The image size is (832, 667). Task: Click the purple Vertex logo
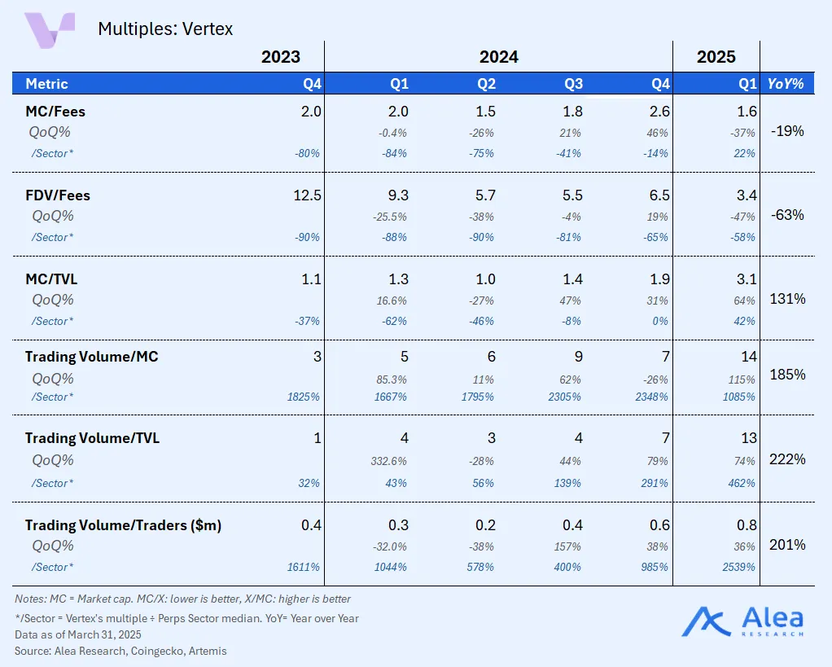[x=50, y=30]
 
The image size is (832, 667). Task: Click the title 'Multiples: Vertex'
[x=165, y=29]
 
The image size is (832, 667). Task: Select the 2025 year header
[x=716, y=57]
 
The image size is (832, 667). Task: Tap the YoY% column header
[x=786, y=84]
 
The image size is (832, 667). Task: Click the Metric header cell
[x=46, y=84]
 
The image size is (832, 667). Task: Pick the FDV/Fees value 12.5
[x=307, y=195]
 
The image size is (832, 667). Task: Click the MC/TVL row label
[x=51, y=279]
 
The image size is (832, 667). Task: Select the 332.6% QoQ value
[x=388, y=461]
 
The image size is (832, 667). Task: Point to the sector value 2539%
[x=738, y=567]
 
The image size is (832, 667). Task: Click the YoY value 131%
[x=787, y=299]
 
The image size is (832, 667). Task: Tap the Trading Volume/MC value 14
[x=749, y=357]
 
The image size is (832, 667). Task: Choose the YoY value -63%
[x=787, y=215]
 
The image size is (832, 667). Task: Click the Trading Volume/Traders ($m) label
[x=123, y=525]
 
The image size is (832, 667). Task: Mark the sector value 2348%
[x=651, y=397]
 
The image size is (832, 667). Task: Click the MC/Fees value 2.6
[x=659, y=112]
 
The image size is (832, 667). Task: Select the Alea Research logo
[x=742, y=622]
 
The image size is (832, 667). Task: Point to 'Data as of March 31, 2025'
[x=78, y=634]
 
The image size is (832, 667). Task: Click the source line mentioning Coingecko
[x=120, y=651]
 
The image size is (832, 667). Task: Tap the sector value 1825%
[x=304, y=397]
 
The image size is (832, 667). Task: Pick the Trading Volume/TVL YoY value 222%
[x=787, y=459]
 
